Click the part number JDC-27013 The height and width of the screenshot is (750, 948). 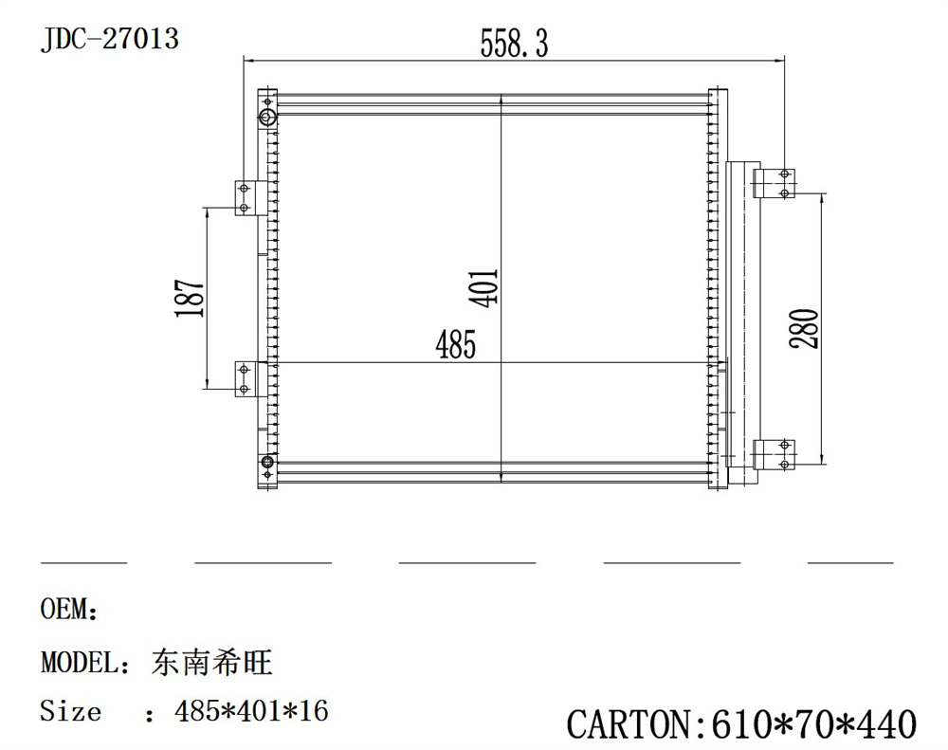109,40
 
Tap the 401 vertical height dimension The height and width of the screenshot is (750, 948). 484,288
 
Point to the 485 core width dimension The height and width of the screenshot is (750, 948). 455,346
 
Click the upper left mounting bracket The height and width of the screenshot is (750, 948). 245,197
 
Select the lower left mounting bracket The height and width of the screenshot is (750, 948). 245,378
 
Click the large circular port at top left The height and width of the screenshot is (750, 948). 267,118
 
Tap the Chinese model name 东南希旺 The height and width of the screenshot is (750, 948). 211,662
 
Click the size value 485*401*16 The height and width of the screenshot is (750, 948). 251,710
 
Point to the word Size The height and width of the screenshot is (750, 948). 70,710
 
